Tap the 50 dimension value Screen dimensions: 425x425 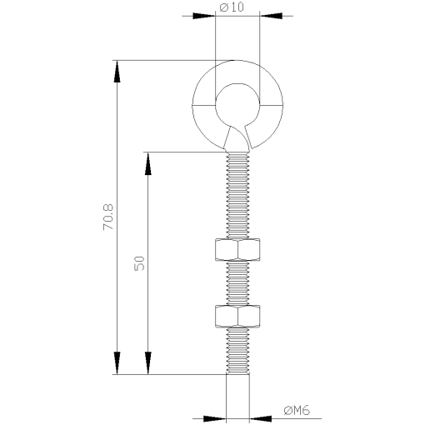139,262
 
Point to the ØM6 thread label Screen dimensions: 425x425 297,410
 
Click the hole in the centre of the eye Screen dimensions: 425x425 237,106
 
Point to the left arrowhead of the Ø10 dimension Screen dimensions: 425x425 204,15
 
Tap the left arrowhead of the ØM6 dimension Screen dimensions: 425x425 215,416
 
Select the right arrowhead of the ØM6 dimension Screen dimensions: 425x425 261,416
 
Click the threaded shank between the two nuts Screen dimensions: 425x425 237,282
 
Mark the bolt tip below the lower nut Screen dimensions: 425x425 237,350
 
